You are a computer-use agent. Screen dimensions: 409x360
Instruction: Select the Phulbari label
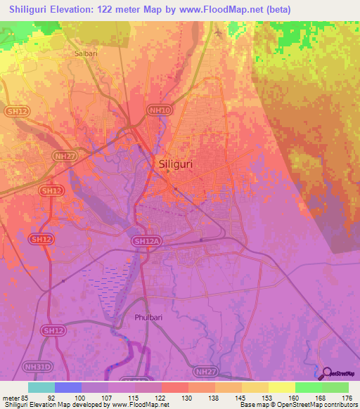[149, 318]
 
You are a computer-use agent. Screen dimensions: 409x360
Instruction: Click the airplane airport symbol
[219, 33]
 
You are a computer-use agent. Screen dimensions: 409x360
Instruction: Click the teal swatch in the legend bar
[41, 387]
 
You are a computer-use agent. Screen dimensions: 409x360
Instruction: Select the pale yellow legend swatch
[281, 387]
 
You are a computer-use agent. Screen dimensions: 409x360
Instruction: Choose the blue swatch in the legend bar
[68, 387]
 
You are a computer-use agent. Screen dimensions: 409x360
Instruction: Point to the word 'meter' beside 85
[10, 397]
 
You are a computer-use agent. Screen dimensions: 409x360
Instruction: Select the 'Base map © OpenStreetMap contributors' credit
[298, 405]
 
